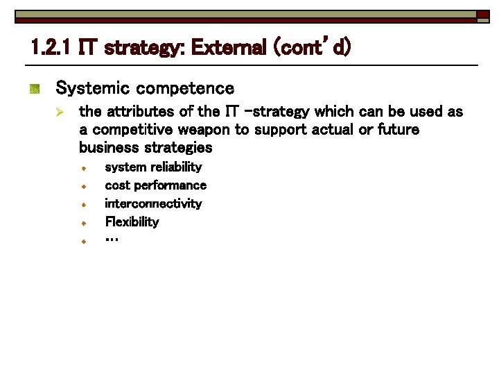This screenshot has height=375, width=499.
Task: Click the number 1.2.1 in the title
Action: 53,49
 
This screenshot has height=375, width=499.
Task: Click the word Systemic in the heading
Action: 93,88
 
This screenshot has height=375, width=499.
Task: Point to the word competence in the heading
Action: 185,88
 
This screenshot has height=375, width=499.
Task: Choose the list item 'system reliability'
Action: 153,167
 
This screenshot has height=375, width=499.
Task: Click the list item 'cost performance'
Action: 155,185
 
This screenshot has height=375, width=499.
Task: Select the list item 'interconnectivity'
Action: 153,203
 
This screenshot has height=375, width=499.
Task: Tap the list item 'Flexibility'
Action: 132,222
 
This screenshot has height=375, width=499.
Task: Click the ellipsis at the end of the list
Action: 112,239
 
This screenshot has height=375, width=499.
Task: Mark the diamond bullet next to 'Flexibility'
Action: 82,224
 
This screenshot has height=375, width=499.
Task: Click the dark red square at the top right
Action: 482,15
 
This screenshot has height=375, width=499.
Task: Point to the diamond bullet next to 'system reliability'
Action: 82,169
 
